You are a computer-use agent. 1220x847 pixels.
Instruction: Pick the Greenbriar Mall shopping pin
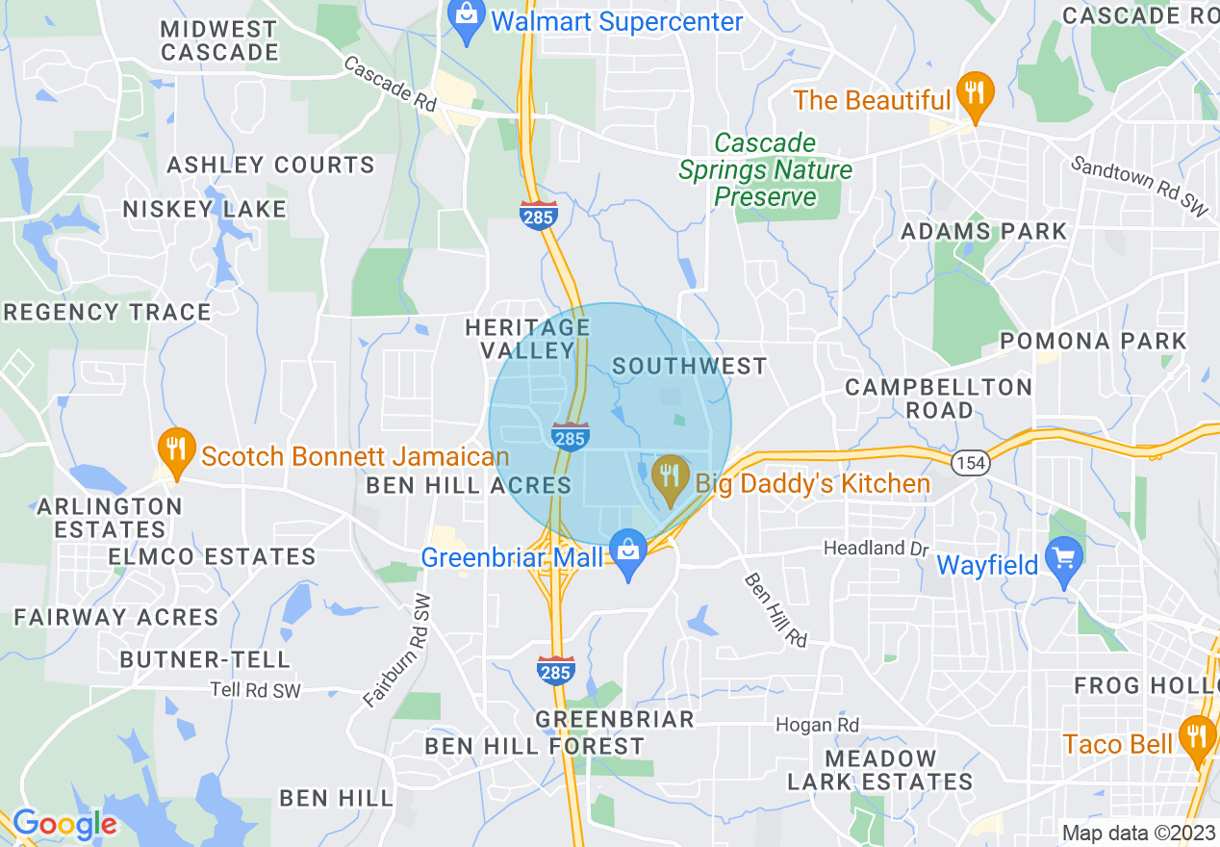[629, 556]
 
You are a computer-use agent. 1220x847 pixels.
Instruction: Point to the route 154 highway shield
[970, 463]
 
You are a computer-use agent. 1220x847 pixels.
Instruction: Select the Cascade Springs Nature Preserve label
[766, 170]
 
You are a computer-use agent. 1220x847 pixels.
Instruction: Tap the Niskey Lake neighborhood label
[204, 209]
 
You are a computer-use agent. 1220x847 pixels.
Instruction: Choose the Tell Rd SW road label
[256, 690]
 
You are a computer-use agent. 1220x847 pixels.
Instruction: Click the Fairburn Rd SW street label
[398, 651]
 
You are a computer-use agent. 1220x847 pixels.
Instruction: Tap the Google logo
[64, 824]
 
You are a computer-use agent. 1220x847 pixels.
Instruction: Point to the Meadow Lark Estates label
[880, 770]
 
